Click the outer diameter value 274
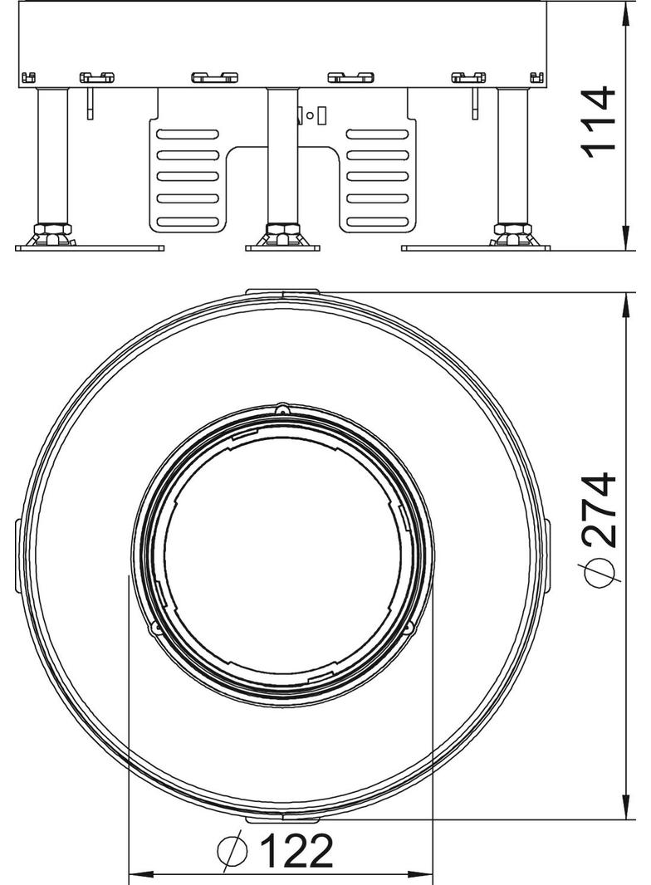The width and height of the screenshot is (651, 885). coord(599,511)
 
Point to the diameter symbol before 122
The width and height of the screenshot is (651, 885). coord(233,851)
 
